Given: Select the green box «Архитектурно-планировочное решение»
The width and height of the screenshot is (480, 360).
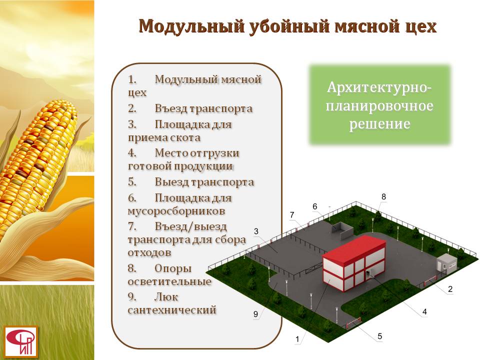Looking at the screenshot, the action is [379, 105].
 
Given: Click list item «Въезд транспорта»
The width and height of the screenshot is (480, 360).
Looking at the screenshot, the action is [190, 108].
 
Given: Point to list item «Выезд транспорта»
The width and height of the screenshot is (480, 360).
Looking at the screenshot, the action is [191, 182].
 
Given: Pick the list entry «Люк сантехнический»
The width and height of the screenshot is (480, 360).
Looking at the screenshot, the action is [171, 303].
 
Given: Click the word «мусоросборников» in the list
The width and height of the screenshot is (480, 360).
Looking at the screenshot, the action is [176, 211].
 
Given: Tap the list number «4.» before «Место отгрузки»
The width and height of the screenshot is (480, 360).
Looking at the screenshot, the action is [132, 153].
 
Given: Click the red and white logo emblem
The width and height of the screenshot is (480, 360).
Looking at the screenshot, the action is [21, 341].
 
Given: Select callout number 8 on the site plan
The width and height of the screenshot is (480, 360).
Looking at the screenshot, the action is [383, 197].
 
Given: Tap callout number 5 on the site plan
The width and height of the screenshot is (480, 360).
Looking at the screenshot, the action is [379, 336].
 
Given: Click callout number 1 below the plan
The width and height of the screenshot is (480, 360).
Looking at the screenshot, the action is [297, 339].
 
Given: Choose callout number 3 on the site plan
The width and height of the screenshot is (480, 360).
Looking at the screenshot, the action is [256, 231].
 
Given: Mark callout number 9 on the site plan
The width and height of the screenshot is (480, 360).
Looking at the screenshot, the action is [255, 314].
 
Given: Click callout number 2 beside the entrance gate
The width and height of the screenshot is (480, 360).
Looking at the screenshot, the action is [450, 289].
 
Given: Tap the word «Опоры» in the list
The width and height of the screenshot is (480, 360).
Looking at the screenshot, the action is [173, 268].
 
